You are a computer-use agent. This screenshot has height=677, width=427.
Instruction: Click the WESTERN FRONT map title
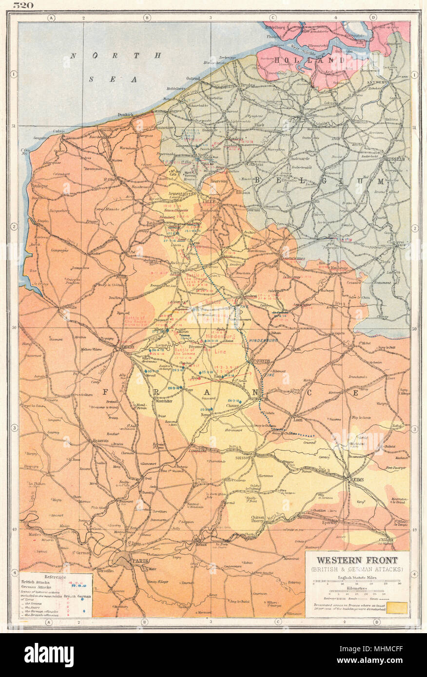358,560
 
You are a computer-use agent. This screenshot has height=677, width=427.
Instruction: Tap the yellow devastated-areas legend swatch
397,607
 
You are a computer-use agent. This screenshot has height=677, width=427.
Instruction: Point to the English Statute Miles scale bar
358,581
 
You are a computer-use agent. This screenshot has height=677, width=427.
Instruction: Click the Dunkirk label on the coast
126,115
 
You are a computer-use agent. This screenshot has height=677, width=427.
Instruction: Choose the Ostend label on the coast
193,78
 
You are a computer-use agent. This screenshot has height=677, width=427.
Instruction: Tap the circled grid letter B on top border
146,18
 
